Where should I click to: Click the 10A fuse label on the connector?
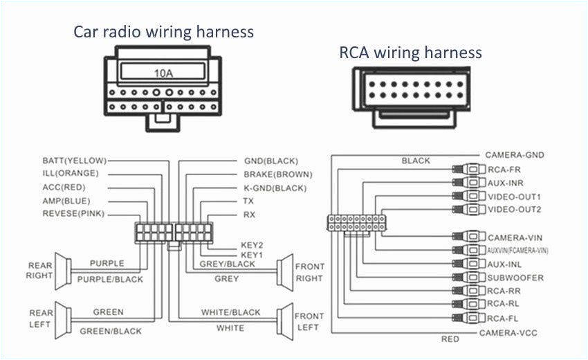163,71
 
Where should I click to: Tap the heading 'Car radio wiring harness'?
164,31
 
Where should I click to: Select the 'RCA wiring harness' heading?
410,52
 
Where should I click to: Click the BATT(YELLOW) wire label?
74,160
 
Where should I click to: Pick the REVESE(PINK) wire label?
73,214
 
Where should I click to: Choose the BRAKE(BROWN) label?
277,174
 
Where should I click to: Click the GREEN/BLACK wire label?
111,331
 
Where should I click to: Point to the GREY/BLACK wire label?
227,264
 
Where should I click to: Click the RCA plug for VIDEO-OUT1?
470,197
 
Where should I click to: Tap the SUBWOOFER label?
515,278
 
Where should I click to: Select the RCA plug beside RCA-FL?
470,318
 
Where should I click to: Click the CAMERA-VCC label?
508,333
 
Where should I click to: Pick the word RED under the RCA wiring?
450,339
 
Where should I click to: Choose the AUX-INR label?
504,182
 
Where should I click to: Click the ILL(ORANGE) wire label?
71,173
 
